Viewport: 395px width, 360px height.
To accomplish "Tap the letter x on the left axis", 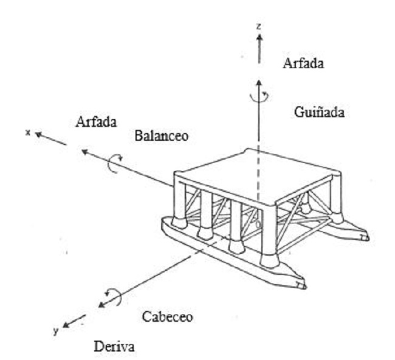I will click(28, 131).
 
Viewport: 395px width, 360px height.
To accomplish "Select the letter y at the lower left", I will click(56, 331).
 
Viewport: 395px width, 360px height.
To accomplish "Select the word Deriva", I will click(115, 347).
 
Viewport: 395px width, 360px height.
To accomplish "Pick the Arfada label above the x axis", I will click(96, 121).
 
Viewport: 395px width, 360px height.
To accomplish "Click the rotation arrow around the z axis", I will click(259, 97).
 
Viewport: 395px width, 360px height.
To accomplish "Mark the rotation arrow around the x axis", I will click(114, 163).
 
